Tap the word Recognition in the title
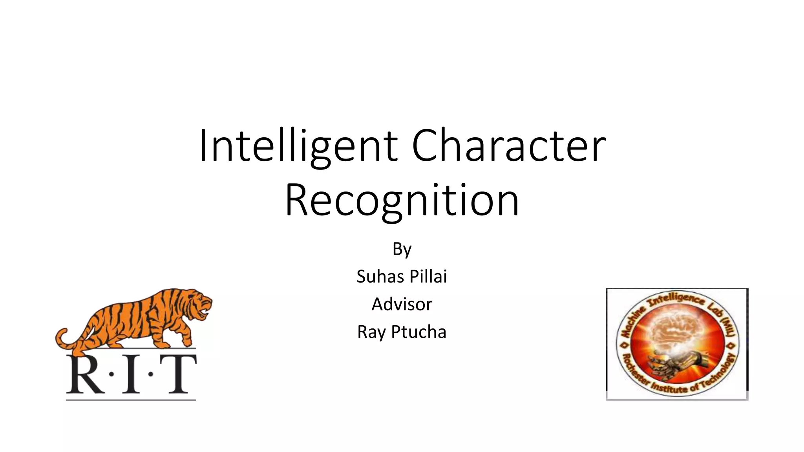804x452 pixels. [x=402, y=200]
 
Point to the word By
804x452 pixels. [x=402, y=249]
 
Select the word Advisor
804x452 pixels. [x=402, y=304]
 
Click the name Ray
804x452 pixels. [x=371, y=332]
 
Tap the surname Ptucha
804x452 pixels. [x=419, y=332]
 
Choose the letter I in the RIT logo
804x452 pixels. [x=131, y=375]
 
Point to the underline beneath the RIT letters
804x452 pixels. [x=131, y=400]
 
